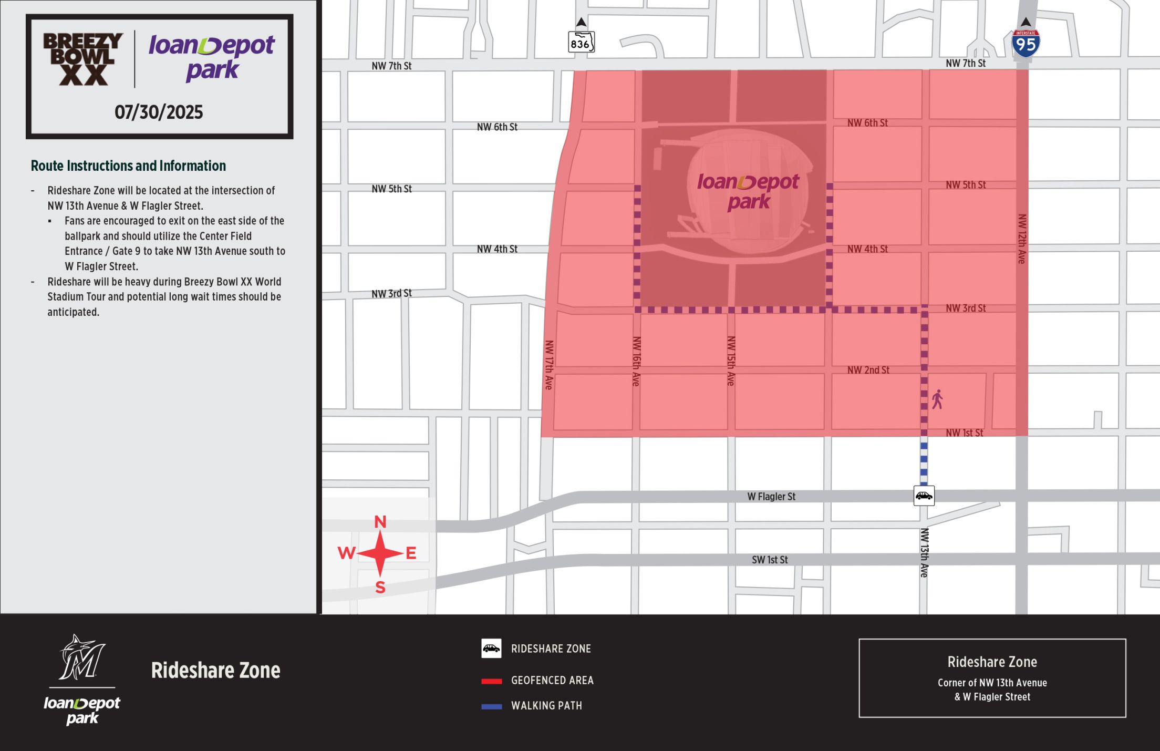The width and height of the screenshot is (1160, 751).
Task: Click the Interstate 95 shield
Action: (1026, 44)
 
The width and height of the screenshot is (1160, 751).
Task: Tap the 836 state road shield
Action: (581, 43)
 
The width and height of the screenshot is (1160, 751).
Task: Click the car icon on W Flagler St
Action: (924, 496)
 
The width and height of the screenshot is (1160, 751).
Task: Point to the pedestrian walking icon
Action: (937, 399)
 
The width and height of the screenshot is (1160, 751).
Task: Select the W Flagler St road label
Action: (771, 496)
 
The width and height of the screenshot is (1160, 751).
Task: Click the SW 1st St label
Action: (769, 560)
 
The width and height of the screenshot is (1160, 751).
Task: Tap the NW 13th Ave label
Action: (924, 552)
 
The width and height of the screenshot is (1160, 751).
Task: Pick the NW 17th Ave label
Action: (549, 365)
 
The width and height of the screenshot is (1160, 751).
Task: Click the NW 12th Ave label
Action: (1022, 239)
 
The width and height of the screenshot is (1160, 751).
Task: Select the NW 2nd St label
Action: (868, 370)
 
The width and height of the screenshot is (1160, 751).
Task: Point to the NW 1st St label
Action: (964, 433)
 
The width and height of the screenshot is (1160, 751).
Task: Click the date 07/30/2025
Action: (159, 112)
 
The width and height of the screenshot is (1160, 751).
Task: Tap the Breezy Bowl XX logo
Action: (83, 59)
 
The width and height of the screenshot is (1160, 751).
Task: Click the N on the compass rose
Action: (380, 522)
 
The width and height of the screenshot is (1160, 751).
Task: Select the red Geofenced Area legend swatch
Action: (492, 681)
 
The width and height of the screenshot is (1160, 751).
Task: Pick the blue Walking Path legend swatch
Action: (492, 706)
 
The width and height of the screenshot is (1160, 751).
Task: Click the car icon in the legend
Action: (491, 649)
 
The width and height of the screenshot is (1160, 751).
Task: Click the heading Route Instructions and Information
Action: (128, 166)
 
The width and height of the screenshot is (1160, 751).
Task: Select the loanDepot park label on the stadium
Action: (748, 191)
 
